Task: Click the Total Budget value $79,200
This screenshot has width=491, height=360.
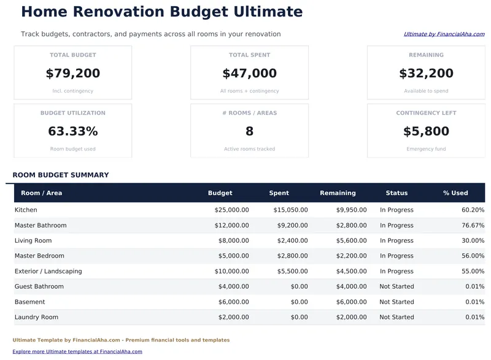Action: pos(72,74)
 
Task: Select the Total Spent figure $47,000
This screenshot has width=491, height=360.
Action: pos(249,74)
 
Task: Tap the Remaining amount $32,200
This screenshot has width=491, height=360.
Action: pos(426,74)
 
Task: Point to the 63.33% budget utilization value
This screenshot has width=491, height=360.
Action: pos(72,131)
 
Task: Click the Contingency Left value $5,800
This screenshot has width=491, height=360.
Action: pos(426,131)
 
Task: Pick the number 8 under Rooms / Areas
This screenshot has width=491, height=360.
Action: pos(249,131)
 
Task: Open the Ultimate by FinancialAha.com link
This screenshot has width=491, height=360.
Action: pos(444,34)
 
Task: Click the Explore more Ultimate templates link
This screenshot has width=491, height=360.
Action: pos(77,351)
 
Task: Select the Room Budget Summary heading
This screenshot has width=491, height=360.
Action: pos(61,175)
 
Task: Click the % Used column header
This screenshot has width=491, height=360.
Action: pos(455,193)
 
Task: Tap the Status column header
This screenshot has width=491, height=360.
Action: pos(396,193)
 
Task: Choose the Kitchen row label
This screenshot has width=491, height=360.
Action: pos(26,210)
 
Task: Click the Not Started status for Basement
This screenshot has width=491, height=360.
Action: pos(396,302)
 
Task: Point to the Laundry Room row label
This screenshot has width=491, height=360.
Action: pos(36,317)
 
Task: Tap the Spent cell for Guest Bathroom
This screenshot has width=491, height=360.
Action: pos(299,286)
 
